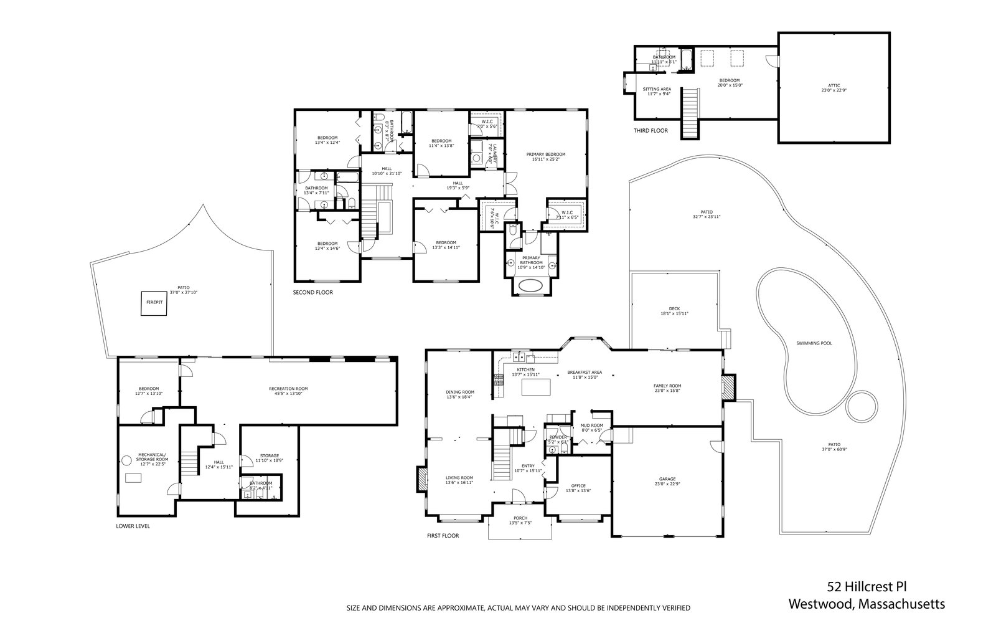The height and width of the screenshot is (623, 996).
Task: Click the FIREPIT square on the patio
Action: pyautogui.click(x=154, y=303)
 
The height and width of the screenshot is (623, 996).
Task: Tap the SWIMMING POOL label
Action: pyautogui.click(x=814, y=343)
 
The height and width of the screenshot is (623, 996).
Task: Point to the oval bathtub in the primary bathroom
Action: pyautogui.click(x=531, y=286)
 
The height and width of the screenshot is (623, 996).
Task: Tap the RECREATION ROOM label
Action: pyautogui.click(x=288, y=389)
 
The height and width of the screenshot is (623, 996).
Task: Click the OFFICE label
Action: pyautogui.click(x=578, y=486)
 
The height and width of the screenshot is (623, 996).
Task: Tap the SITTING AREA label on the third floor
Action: pyautogui.click(x=657, y=89)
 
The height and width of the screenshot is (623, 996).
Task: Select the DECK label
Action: pyautogui.click(x=674, y=309)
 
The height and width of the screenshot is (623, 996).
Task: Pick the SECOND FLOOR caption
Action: pyautogui.click(x=313, y=292)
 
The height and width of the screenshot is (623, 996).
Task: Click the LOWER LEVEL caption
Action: pyautogui.click(x=133, y=526)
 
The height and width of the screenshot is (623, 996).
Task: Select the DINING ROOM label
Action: pyautogui.click(x=459, y=392)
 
